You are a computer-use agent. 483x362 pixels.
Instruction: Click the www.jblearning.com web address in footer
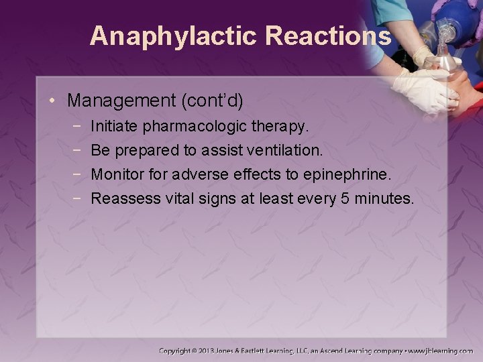point(440,351)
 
